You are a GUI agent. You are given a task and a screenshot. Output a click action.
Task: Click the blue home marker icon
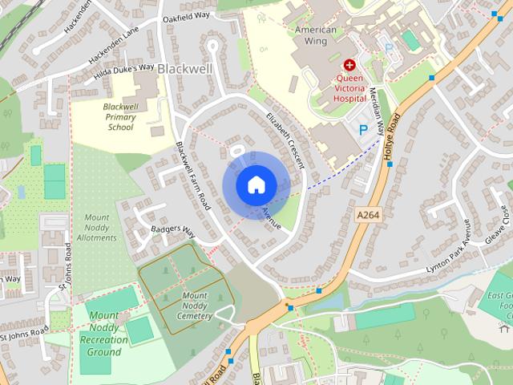pyautogui.click(x=256, y=184)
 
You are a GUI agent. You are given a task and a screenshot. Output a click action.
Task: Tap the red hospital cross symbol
pyautogui.click(x=349, y=64)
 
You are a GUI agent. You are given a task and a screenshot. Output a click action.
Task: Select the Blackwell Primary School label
pyautogui.click(x=119, y=117)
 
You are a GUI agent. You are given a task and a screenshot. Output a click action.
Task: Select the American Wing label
pyautogui.click(x=315, y=36)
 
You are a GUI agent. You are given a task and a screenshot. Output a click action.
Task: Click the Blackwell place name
pyautogui.click(x=185, y=69)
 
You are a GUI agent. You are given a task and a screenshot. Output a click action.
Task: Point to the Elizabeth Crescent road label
pyautogui.click(x=285, y=139)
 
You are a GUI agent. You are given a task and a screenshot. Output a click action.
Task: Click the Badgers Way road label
pyautogui.click(x=173, y=232)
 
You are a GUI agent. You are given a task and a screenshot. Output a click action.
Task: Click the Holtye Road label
pyautogui.click(x=392, y=140)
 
